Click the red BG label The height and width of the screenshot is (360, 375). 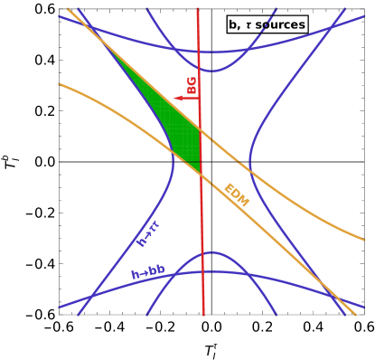point(191,85)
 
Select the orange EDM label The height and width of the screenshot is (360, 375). point(236,195)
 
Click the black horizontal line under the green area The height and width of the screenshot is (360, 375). point(187,161)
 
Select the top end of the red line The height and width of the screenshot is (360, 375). point(198,8)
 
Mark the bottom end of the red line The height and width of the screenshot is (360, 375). point(203,315)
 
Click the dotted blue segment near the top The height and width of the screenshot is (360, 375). point(263,31)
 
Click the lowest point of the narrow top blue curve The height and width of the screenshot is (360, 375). point(211,71)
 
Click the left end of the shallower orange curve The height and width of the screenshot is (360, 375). point(59,84)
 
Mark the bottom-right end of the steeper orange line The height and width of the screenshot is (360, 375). point(355,315)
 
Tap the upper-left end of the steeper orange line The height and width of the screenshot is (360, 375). point(68,9)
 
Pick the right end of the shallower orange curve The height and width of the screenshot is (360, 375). point(363,239)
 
